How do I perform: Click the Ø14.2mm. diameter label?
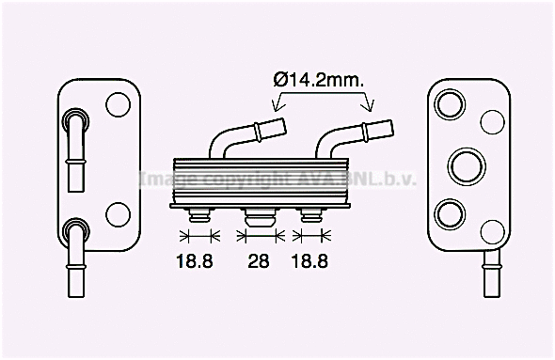[319, 80]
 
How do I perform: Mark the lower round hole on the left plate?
[118, 213]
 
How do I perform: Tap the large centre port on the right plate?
[465, 165]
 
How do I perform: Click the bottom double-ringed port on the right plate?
[450, 212]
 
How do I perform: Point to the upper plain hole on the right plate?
[492, 120]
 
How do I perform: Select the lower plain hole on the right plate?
[492, 230]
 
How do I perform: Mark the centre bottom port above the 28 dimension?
[258, 218]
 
